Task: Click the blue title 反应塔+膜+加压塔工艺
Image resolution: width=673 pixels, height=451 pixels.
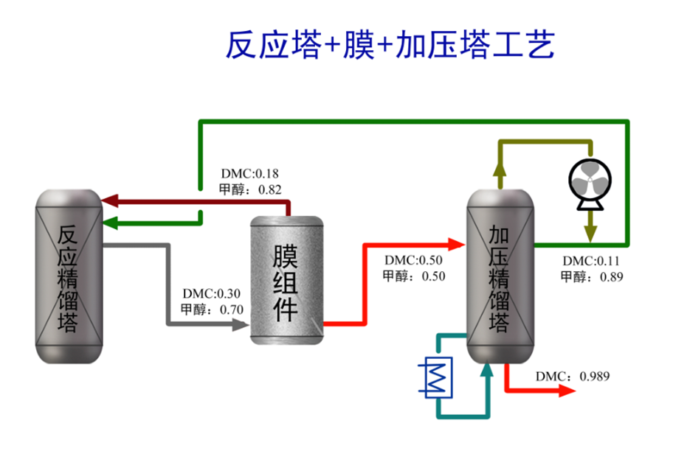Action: (390, 45)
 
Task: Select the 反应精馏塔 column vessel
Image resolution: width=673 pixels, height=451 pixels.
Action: (69, 276)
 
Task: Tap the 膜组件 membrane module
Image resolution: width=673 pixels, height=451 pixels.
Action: (287, 280)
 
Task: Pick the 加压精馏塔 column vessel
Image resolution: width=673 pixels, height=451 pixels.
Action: (500, 276)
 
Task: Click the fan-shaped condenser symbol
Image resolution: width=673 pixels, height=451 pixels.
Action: (590, 183)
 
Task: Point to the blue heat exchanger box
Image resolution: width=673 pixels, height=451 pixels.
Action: (438, 378)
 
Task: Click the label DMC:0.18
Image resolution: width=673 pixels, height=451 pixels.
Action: (250, 174)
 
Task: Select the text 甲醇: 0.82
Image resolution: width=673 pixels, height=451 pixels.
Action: (250, 189)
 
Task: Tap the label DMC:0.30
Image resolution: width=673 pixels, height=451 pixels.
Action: (211, 293)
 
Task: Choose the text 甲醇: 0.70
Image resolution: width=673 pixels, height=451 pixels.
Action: (212, 310)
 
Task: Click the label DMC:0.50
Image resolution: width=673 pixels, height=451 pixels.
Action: (413, 260)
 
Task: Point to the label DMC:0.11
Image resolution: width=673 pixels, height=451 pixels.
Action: (591, 261)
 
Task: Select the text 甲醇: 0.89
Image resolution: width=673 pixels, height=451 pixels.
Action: (592, 277)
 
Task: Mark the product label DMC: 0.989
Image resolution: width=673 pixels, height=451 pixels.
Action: (573, 377)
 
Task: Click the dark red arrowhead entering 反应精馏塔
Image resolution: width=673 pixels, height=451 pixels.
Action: (110, 200)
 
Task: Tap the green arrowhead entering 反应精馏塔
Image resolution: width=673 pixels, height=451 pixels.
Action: (110, 223)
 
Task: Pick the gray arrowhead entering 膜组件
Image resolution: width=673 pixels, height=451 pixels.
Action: (241, 324)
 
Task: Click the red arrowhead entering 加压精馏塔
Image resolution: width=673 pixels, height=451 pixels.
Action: (457, 245)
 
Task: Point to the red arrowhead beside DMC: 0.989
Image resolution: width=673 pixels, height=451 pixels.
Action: (567, 391)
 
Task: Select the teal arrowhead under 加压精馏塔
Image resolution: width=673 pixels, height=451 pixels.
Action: (487, 371)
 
